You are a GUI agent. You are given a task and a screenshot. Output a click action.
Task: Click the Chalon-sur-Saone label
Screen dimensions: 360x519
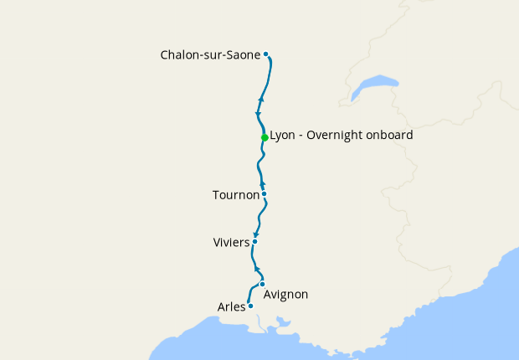tap(210, 55)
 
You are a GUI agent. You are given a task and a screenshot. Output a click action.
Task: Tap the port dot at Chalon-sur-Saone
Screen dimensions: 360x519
tap(266, 54)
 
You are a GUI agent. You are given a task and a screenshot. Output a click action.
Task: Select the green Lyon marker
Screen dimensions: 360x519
tap(265, 137)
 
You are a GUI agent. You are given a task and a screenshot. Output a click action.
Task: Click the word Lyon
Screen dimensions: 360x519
tap(284, 135)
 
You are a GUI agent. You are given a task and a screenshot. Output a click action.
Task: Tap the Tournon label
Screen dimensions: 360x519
tap(235, 195)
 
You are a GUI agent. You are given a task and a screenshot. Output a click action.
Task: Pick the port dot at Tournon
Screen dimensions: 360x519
tap(264, 194)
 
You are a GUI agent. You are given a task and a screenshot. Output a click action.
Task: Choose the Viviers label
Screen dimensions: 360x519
tap(231, 243)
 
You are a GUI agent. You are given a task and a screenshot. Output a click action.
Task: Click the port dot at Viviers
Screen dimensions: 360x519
tap(254, 242)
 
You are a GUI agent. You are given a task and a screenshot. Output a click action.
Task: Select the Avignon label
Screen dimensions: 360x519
tap(285, 295)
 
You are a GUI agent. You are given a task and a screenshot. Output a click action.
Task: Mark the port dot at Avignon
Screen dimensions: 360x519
tap(262, 284)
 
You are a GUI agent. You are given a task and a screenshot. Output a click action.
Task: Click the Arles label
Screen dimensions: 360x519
tap(231, 307)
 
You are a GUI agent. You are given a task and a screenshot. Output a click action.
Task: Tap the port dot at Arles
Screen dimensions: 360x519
tap(250, 306)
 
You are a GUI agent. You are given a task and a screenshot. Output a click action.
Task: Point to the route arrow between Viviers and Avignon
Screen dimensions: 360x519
tap(258, 269)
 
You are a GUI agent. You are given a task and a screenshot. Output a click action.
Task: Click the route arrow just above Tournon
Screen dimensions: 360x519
tap(262, 184)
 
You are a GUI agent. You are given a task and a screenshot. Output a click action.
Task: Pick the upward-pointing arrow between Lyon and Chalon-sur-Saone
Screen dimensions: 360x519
tap(262, 100)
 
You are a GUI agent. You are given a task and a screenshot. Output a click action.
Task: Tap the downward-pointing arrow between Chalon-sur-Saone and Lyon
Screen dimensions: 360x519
tap(258, 114)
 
